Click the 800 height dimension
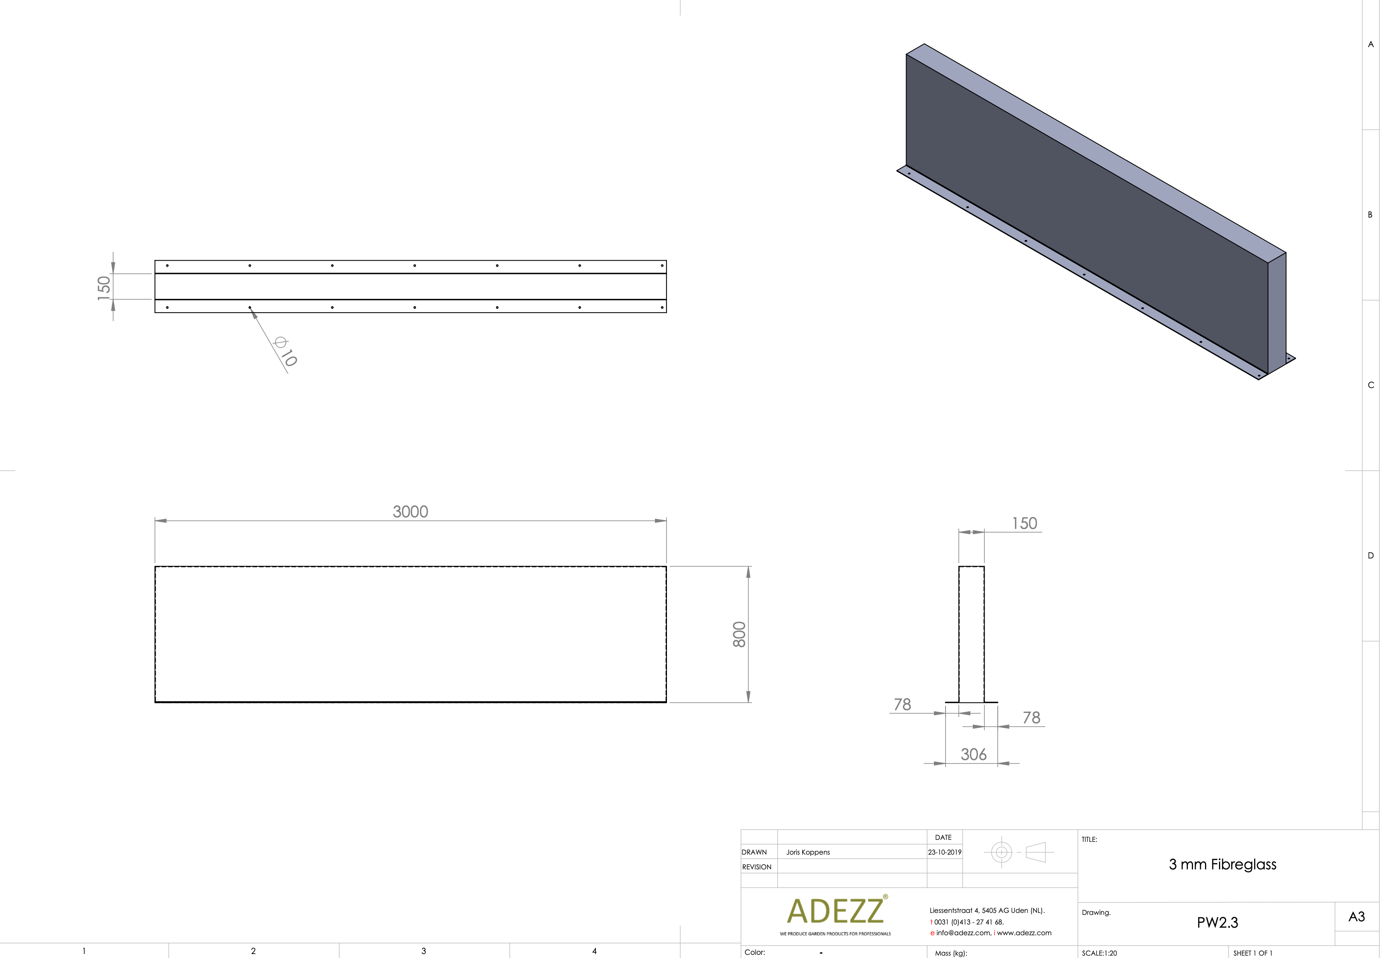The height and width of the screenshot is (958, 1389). coord(739,634)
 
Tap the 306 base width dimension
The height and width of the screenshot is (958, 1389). coord(973,754)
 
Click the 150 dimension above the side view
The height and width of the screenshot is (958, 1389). coord(1024,523)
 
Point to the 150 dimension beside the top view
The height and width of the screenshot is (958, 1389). coord(104,287)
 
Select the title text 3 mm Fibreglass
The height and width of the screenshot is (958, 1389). coord(1222,864)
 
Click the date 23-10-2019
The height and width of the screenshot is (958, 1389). coord(944,852)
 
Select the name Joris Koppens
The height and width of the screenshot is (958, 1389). coord(808,852)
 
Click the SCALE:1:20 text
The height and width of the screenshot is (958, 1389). coord(1099,952)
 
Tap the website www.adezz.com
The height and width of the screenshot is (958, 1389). coord(1024,933)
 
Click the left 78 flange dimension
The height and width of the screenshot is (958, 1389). coord(902,704)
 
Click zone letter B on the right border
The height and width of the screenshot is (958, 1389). coord(1370,215)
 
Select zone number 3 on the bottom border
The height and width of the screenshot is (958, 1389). coord(424,951)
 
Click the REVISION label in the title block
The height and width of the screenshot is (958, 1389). coord(756,867)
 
